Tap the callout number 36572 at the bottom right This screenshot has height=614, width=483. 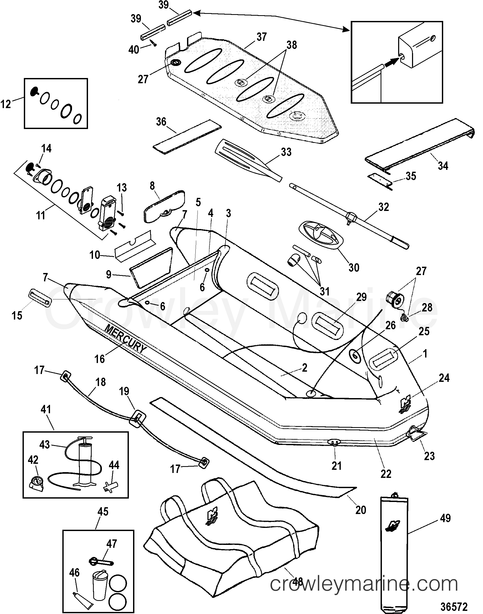coord(454,606)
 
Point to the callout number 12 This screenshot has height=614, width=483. coord(6,104)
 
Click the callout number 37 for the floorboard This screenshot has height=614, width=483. coord(262,37)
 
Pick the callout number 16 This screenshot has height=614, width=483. coord(100,359)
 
